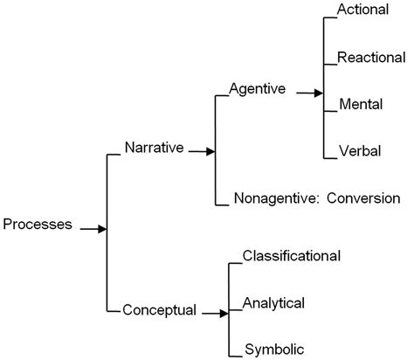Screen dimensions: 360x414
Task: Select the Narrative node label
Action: tap(154, 148)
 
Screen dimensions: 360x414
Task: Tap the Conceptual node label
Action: tap(159, 309)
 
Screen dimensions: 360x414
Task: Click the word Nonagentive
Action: tap(273, 197)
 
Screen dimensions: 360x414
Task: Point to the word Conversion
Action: tap(364, 197)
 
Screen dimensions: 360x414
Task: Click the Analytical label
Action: tap(273, 303)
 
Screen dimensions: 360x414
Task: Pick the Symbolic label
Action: tap(273, 350)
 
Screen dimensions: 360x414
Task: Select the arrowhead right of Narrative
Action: tap(210, 151)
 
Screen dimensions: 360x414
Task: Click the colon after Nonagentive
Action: tap(316, 198)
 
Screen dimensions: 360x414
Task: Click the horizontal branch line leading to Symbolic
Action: tap(234, 357)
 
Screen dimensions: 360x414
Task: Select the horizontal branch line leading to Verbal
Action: tap(329, 158)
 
